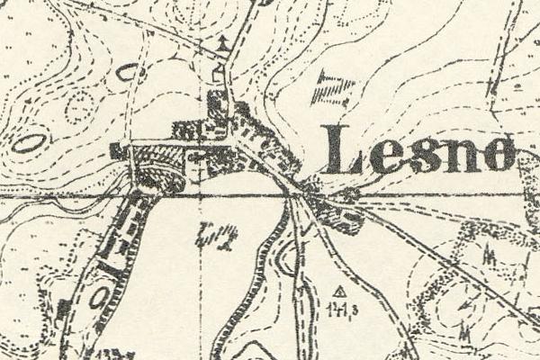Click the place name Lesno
pos(418,150)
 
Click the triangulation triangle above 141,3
pos(339,291)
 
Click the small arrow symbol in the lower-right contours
pos(465,306)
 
